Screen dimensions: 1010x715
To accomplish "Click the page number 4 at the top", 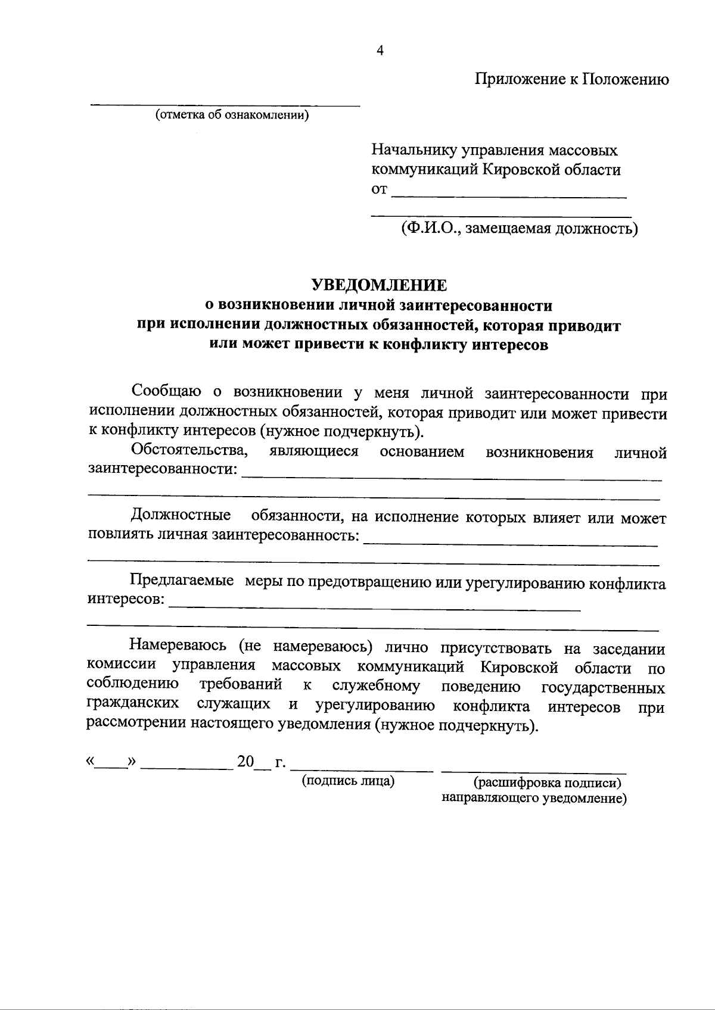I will [x=380, y=51].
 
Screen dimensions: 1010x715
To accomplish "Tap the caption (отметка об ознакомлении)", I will [x=232, y=115].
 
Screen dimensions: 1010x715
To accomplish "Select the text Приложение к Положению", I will [x=571, y=79].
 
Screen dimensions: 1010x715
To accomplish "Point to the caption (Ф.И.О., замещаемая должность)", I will [x=519, y=228].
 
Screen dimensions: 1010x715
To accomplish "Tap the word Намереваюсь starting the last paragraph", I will [x=178, y=646].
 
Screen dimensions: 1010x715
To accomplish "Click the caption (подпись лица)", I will [x=349, y=781].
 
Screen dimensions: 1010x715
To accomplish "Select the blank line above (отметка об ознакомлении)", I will [x=225, y=105].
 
